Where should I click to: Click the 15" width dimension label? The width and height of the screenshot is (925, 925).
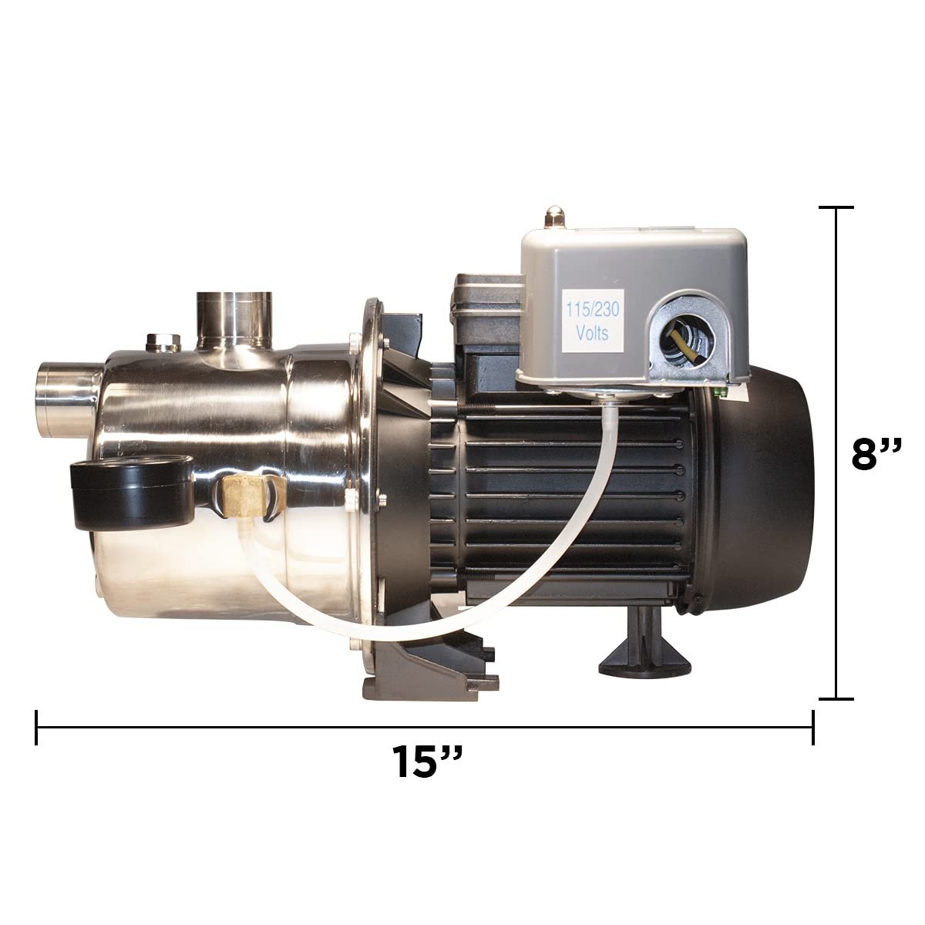point(427,762)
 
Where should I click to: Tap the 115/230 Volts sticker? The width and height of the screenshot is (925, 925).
point(592,321)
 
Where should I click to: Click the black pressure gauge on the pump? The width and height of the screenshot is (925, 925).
point(132,492)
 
